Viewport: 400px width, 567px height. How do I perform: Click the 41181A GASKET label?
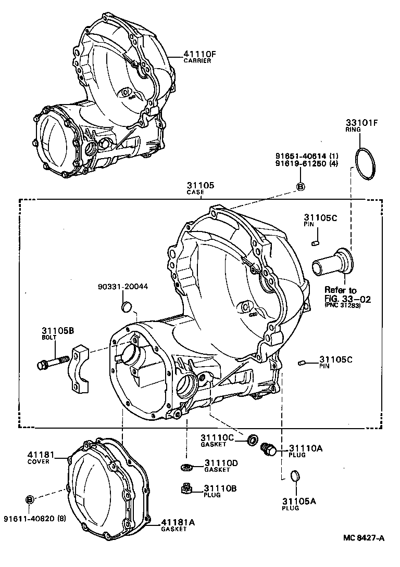(x=174, y=523)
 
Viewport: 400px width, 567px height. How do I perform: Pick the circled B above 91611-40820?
(x=30, y=499)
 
